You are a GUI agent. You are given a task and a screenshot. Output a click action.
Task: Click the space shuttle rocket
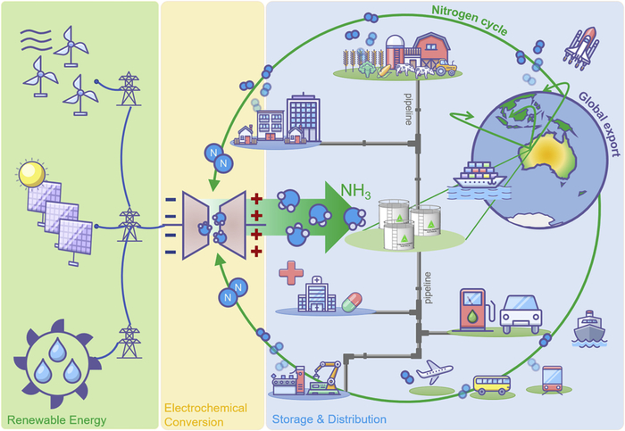579,49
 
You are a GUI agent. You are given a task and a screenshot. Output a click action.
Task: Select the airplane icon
435,371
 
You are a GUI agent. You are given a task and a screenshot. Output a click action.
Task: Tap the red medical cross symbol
292,272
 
